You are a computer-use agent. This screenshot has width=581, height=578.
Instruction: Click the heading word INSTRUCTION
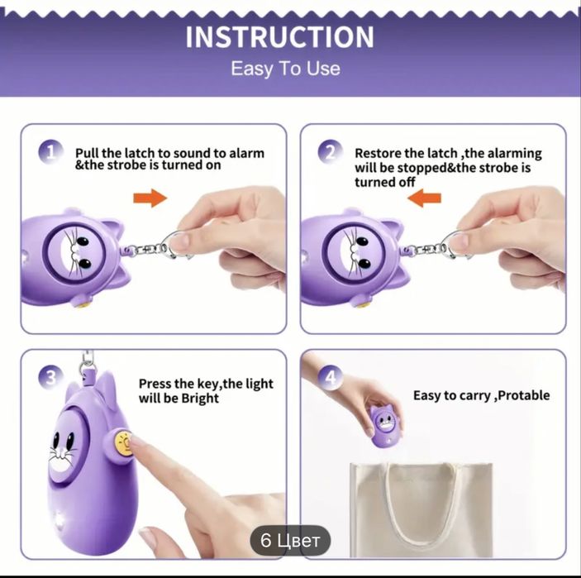pos(279,37)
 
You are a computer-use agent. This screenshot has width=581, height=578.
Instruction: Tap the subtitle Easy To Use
pos(285,69)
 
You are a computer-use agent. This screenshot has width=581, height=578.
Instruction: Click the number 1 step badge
pos(50,151)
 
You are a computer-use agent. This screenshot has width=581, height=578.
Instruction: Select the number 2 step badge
pos(330,151)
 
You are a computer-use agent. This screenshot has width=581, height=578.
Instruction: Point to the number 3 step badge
pos(50,377)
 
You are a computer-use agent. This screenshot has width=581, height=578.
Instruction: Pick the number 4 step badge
pos(330,377)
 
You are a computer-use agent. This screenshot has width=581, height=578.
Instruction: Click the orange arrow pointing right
pos(150,198)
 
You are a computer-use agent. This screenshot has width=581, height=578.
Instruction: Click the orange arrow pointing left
pos(424,198)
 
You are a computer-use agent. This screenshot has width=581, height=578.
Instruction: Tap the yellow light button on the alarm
pos(123,442)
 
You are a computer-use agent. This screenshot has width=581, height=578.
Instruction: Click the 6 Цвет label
pos(290,541)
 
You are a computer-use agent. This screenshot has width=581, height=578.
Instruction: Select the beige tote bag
pos(421,510)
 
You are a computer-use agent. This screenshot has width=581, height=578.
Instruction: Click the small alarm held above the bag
pos(384,425)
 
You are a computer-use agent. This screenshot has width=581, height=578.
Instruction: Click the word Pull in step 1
pos(87,153)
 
